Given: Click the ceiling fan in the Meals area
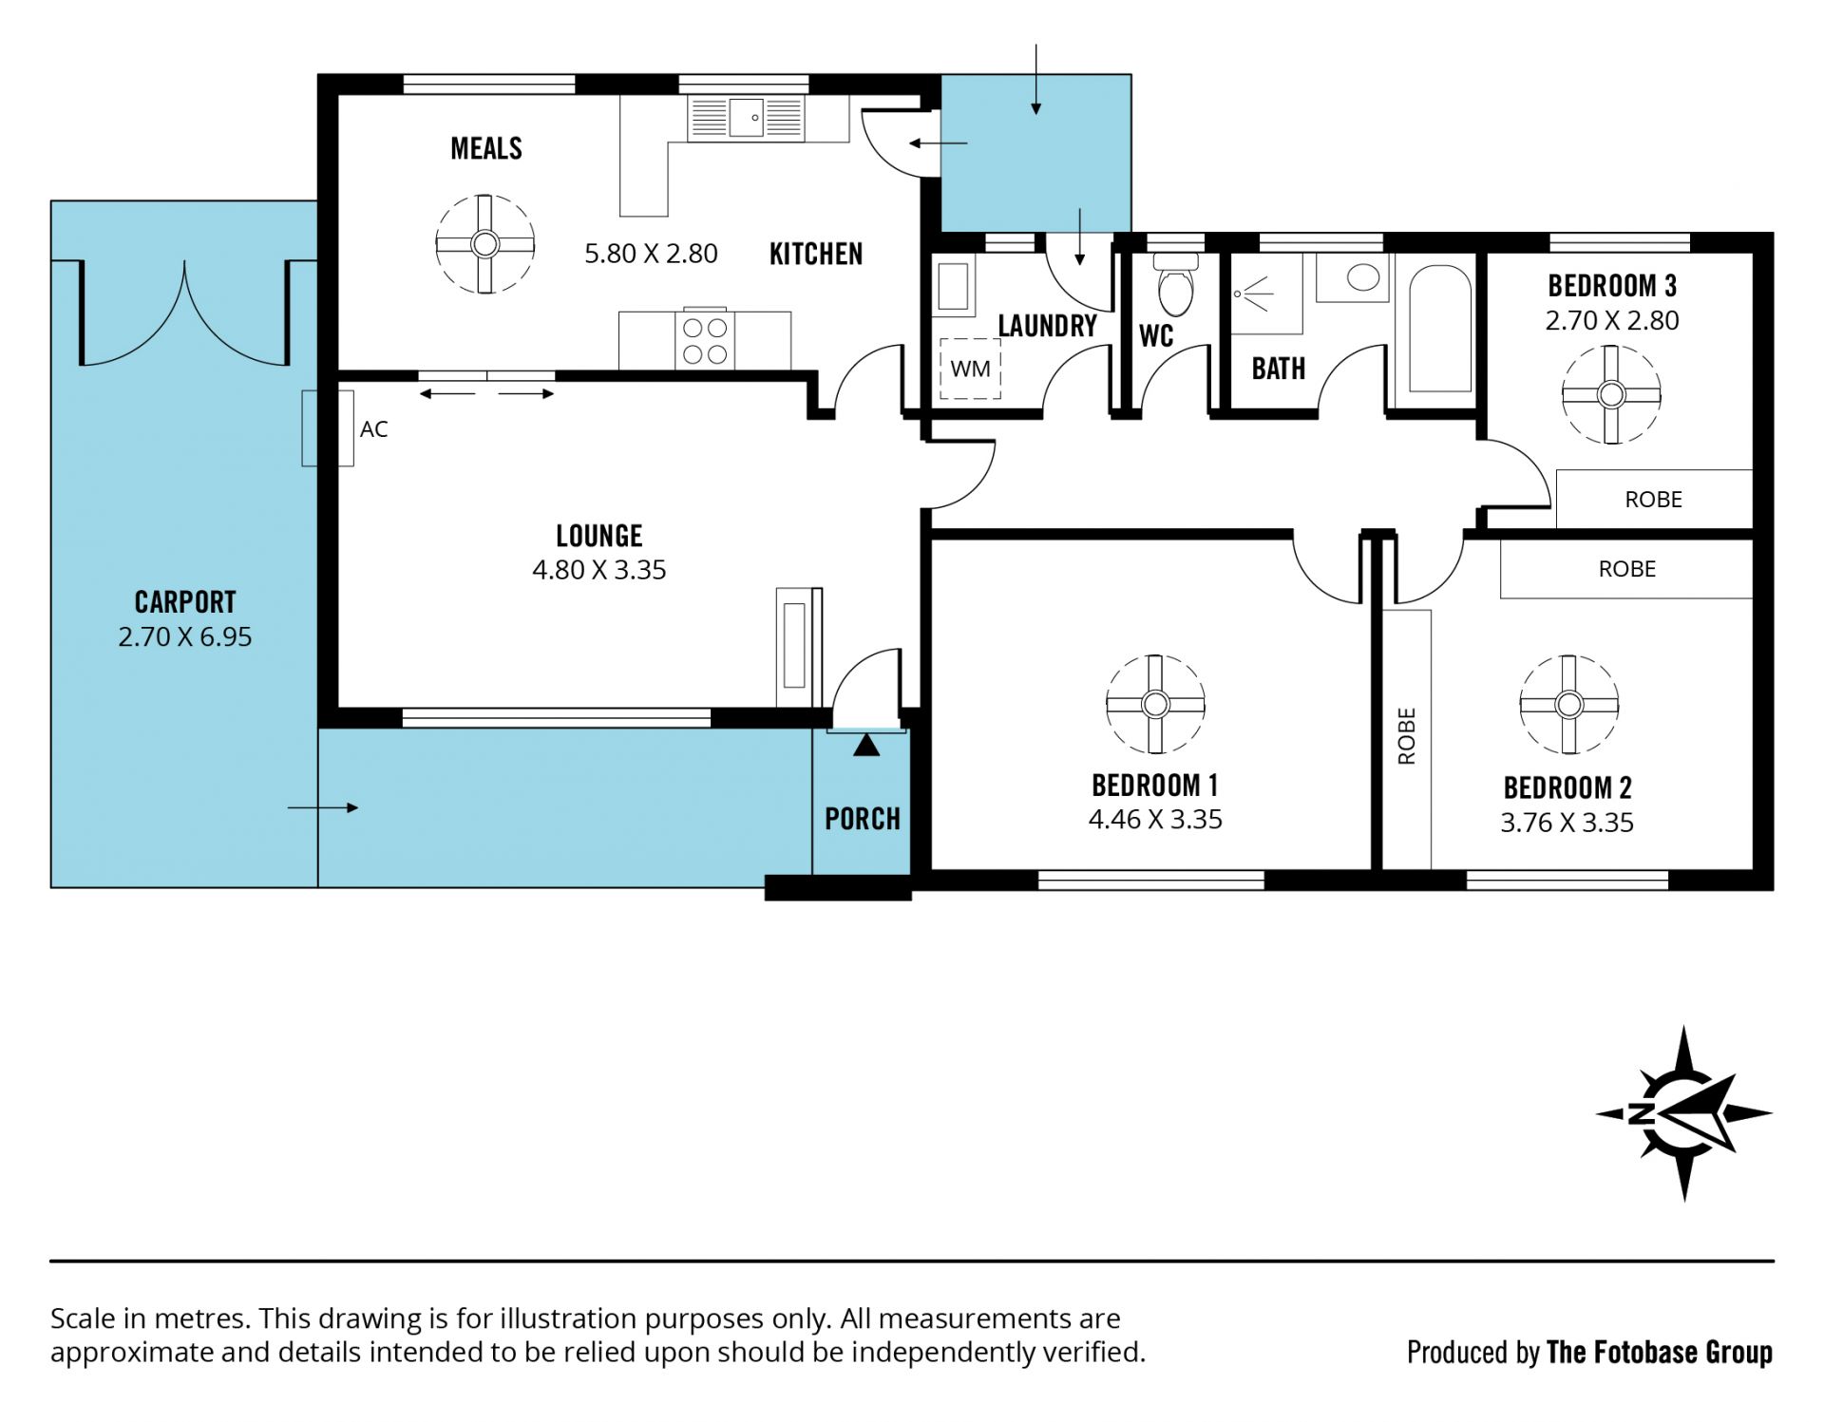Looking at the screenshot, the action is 484,244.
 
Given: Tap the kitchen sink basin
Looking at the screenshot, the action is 746,118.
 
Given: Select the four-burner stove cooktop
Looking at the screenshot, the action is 704,340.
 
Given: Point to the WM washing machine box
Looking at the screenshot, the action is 970,369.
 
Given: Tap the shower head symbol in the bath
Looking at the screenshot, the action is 1253,294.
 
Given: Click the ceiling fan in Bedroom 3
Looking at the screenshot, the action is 1611,393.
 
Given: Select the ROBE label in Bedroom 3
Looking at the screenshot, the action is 1653,500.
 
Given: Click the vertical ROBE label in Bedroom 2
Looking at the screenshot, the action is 1407,736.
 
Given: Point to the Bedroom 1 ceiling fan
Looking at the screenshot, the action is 1155,704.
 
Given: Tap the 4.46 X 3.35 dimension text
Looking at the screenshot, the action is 1155,820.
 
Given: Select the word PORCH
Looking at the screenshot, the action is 862,819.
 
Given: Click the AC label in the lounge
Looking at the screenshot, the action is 373,429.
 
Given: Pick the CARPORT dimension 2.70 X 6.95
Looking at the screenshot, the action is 185,636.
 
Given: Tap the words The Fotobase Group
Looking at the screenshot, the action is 1659,1352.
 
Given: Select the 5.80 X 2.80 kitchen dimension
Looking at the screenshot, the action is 651,254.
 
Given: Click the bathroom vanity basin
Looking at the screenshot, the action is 1363,277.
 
